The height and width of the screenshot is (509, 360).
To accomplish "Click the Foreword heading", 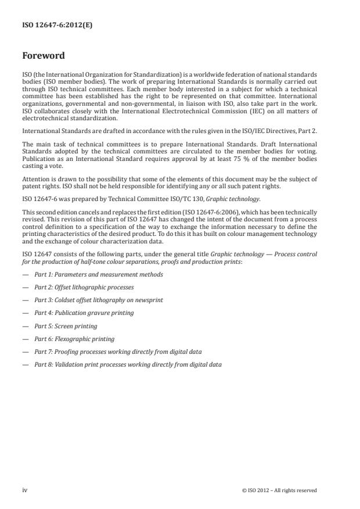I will click(44, 56).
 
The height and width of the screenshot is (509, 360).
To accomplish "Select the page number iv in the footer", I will click(25, 490).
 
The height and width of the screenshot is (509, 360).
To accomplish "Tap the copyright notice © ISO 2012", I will click(279, 490).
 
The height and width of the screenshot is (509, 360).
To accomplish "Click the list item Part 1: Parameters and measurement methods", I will click(98, 274).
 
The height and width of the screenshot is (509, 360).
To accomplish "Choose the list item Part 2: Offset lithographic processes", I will click(84, 287).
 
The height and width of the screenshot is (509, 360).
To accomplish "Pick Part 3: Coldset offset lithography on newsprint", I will click(98, 300).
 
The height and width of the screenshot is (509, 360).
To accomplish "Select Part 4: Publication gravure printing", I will click(84, 313).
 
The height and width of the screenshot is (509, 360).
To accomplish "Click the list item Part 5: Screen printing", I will click(66, 326).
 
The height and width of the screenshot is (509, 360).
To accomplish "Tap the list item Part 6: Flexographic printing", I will click(74, 339).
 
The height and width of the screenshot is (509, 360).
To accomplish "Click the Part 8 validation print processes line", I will click(128, 364).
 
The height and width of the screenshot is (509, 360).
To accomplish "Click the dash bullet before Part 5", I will click(25, 326).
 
